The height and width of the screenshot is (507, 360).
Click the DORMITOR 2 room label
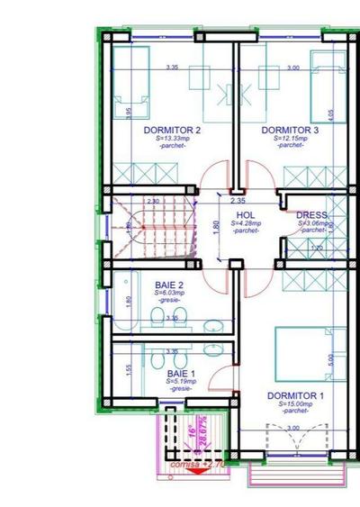(x=172, y=131)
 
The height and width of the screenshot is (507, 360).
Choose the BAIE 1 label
(x=178, y=373)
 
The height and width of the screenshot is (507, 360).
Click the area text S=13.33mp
(x=172, y=139)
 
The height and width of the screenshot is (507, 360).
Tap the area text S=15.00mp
(x=295, y=404)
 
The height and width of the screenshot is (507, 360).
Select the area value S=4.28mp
(x=246, y=223)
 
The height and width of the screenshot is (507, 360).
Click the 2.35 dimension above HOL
(x=238, y=200)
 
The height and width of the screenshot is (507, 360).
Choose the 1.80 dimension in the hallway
(x=216, y=227)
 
